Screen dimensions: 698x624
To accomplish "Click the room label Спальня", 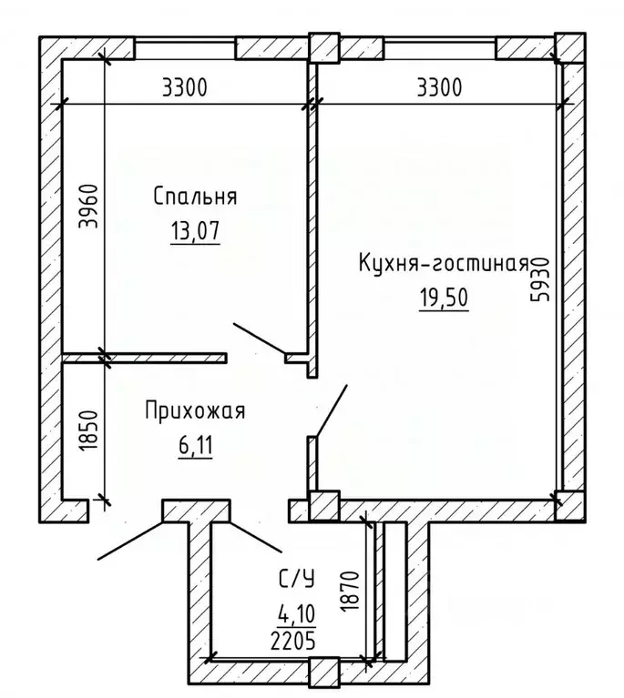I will point(195,197).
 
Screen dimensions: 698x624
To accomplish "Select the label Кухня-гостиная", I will point(444,265).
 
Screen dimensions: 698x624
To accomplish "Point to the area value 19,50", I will point(444,298).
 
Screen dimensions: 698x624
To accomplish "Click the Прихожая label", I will point(195,411).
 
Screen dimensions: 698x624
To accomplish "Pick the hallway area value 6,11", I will point(195,446).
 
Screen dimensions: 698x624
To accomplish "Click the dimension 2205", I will point(294,641).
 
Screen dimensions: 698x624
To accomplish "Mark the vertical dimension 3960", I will point(87,210).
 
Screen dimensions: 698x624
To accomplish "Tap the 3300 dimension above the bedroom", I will point(185,88).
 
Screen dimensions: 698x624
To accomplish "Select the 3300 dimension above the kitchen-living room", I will point(440,88).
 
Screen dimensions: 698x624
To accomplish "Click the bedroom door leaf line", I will point(261,339).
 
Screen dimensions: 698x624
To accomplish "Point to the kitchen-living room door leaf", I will point(332,411).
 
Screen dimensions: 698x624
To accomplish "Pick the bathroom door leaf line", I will point(256,538).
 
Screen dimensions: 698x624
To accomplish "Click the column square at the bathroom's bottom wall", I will point(323,673).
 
